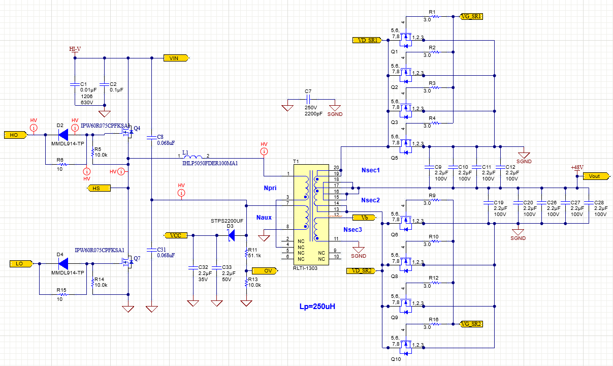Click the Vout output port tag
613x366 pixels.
coord(595,176)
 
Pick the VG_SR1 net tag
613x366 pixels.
coord(471,17)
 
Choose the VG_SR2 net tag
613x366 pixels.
coord(471,324)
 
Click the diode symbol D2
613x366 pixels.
coord(63,135)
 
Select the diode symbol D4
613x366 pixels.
coord(63,264)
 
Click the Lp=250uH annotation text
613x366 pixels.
coord(317,307)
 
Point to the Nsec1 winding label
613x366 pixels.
coord(371,170)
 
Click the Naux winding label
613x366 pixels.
coord(264,217)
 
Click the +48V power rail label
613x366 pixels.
coord(577,167)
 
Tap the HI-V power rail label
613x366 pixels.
coord(75,49)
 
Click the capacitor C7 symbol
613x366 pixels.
coord(308,99)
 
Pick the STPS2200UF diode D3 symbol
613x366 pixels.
coord(231,235)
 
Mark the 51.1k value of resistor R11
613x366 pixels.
coord(254,256)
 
